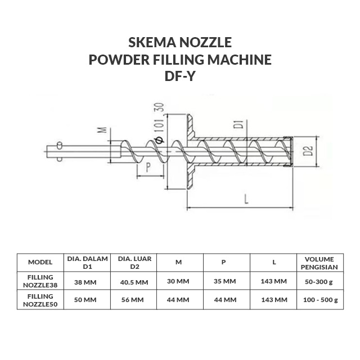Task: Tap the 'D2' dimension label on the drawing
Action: [307, 151]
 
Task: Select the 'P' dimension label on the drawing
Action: [147, 167]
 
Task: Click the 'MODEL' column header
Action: [40, 262]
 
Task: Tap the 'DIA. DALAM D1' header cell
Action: [87, 262]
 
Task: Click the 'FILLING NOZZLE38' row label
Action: [40, 281]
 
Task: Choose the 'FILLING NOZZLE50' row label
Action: [40, 300]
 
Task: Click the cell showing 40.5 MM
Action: [134, 281]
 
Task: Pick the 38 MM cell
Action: [87, 281]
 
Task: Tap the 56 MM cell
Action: [134, 300]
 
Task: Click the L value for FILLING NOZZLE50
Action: [274, 300]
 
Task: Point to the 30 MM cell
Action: [179, 281]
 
